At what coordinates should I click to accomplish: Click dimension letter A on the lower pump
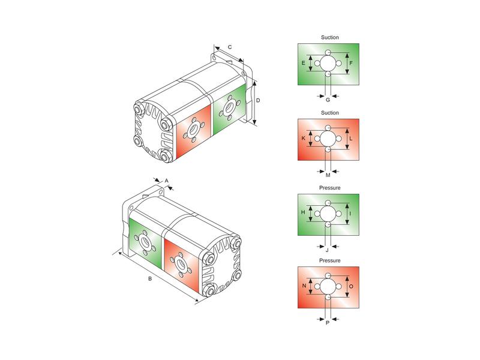(x=167, y=181)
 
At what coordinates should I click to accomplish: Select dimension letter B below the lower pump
(x=150, y=279)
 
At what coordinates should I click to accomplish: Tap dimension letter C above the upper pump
(x=230, y=47)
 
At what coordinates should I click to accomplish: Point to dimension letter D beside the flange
(x=258, y=100)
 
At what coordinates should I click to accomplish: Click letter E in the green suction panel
(x=304, y=63)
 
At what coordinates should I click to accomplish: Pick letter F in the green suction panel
(x=351, y=63)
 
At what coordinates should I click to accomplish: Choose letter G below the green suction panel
(x=328, y=100)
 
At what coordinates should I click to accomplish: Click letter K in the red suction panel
(x=304, y=139)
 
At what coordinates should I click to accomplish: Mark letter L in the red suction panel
(x=351, y=139)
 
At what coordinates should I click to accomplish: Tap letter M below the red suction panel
(x=328, y=175)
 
